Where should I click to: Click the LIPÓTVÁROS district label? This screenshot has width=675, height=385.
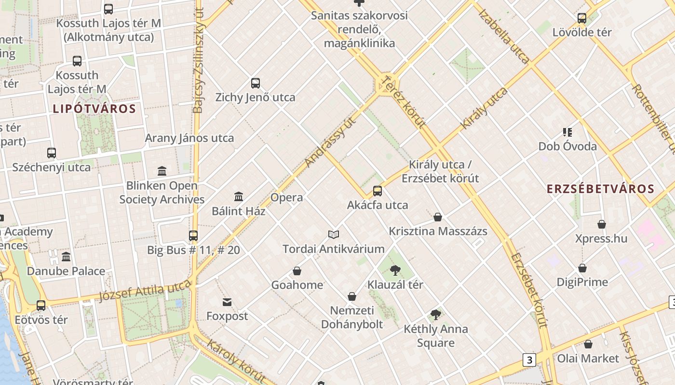tap(94, 109)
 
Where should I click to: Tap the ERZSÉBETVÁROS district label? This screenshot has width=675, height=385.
tap(600, 189)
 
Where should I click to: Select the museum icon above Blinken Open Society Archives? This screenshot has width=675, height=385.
tap(162, 171)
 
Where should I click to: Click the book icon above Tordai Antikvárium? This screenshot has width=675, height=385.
tap(334, 235)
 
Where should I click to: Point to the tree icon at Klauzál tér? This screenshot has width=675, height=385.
tap(395, 270)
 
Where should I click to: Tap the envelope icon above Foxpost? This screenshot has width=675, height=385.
tap(227, 302)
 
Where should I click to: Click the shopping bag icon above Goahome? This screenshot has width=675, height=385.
tap(297, 271)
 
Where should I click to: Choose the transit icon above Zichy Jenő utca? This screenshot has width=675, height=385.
tap(256, 83)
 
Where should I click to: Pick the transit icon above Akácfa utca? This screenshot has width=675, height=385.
tap(378, 191)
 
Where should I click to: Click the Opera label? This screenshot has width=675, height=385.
tap(287, 197)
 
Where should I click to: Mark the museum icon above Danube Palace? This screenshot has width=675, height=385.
tap(66, 257)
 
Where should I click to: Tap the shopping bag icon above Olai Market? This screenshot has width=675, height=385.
tap(588, 345)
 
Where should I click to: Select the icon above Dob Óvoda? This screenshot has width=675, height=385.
tap(567, 132)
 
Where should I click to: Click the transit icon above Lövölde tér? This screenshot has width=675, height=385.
tap(582, 19)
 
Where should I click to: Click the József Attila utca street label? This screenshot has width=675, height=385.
tap(145, 291)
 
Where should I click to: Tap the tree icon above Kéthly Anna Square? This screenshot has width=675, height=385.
tap(436, 315)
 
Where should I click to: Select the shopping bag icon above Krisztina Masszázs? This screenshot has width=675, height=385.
tap(438, 218)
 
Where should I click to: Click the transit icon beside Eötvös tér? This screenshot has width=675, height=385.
tap(41, 306)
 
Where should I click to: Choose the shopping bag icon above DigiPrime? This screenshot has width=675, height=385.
tap(582, 268)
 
